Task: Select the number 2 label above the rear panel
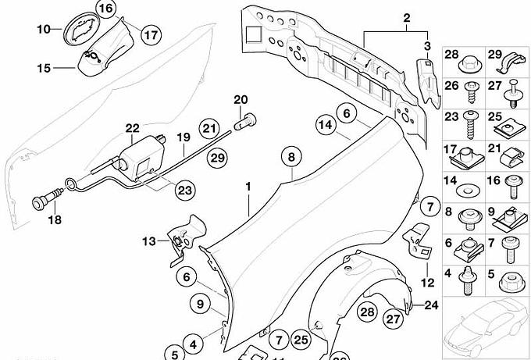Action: pyautogui.click(x=406, y=17)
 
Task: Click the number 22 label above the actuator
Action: pyautogui.click(x=132, y=128)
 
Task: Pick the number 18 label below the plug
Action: pyautogui.click(x=53, y=221)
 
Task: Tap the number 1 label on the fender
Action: pyautogui.click(x=248, y=187)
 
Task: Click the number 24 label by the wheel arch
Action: pyautogui.click(x=432, y=305)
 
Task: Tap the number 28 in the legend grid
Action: pyautogui.click(x=452, y=54)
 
